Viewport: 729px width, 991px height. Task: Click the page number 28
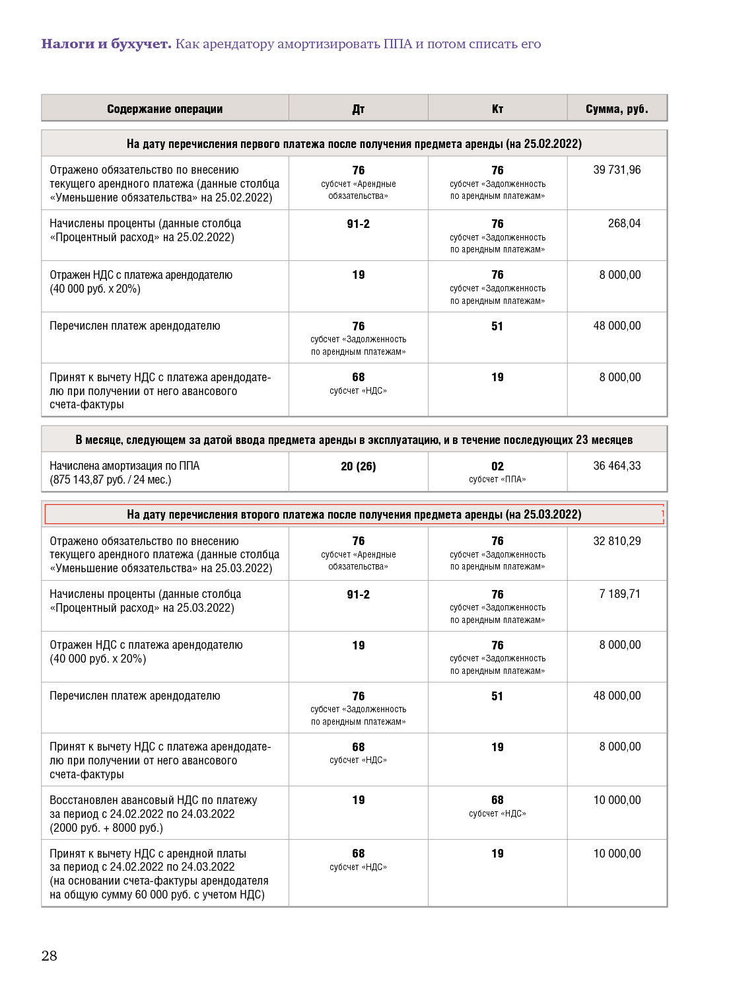pyautogui.click(x=50, y=955)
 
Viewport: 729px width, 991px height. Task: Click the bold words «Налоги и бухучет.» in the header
pyautogui.click(x=106, y=44)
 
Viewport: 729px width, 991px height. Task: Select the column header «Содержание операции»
pyautogui.click(x=164, y=109)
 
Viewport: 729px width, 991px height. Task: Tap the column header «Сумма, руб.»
pyautogui.click(x=617, y=109)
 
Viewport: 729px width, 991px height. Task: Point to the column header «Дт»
pyautogui.click(x=358, y=109)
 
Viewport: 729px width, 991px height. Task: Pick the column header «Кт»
pyautogui.click(x=497, y=109)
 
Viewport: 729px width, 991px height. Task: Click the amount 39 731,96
pyautogui.click(x=617, y=170)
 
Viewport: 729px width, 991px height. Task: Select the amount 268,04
pyautogui.click(x=624, y=223)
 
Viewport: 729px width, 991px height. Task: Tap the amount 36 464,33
pyautogui.click(x=617, y=466)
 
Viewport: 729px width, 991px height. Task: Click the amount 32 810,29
pyautogui.click(x=617, y=541)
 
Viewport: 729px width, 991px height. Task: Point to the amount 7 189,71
pyautogui.click(x=619, y=594)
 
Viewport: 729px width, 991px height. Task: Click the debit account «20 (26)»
pyautogui.click(x=358, y=466)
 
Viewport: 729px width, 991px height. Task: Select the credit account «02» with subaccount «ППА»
pyautogui.click(x=497, y=472)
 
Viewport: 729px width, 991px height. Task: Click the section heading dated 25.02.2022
pyautogui.click(x=354, y=144)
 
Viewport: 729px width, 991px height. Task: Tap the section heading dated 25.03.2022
pyautogui.click(x=354, y=515)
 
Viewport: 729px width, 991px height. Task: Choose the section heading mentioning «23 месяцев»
pyautogui.click(x=354, y=440)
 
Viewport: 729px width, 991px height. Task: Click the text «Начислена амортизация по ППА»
pyautogui.click(x=124, y=466)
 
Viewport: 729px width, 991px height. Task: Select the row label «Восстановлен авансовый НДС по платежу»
pyautogui.click(x=153, y=800)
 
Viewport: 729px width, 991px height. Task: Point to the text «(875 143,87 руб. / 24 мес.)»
pyautogui.click(x=110, y=480)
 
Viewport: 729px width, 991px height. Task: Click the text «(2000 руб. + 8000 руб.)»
pyautogui.click(x=106, y=828)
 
